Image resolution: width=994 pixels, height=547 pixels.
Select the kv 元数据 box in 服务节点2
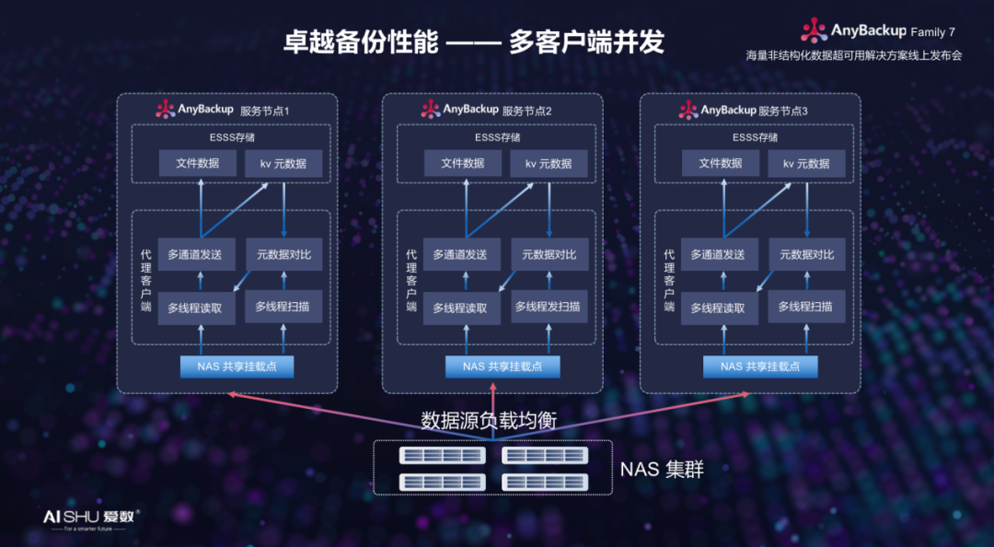(549, 164)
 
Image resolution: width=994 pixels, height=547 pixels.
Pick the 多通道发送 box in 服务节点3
(720, 254)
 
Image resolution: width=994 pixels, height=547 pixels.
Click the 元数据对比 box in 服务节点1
(283, 254)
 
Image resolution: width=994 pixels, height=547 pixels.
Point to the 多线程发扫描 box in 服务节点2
(549, 307)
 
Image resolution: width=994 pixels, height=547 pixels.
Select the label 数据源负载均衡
(489, 421)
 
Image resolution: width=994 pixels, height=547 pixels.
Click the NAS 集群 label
(662, 470)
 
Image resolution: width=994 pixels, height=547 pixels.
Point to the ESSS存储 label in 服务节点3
(756, 138)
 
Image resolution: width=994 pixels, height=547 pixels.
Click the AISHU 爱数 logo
(91, 518)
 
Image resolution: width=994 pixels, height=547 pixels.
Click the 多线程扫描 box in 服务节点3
(805, 307)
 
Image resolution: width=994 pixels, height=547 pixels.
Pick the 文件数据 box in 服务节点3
(720, 164)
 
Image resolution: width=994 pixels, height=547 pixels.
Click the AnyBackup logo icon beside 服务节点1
(165, 110)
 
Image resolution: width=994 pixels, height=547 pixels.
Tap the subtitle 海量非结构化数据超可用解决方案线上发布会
(853, 55)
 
